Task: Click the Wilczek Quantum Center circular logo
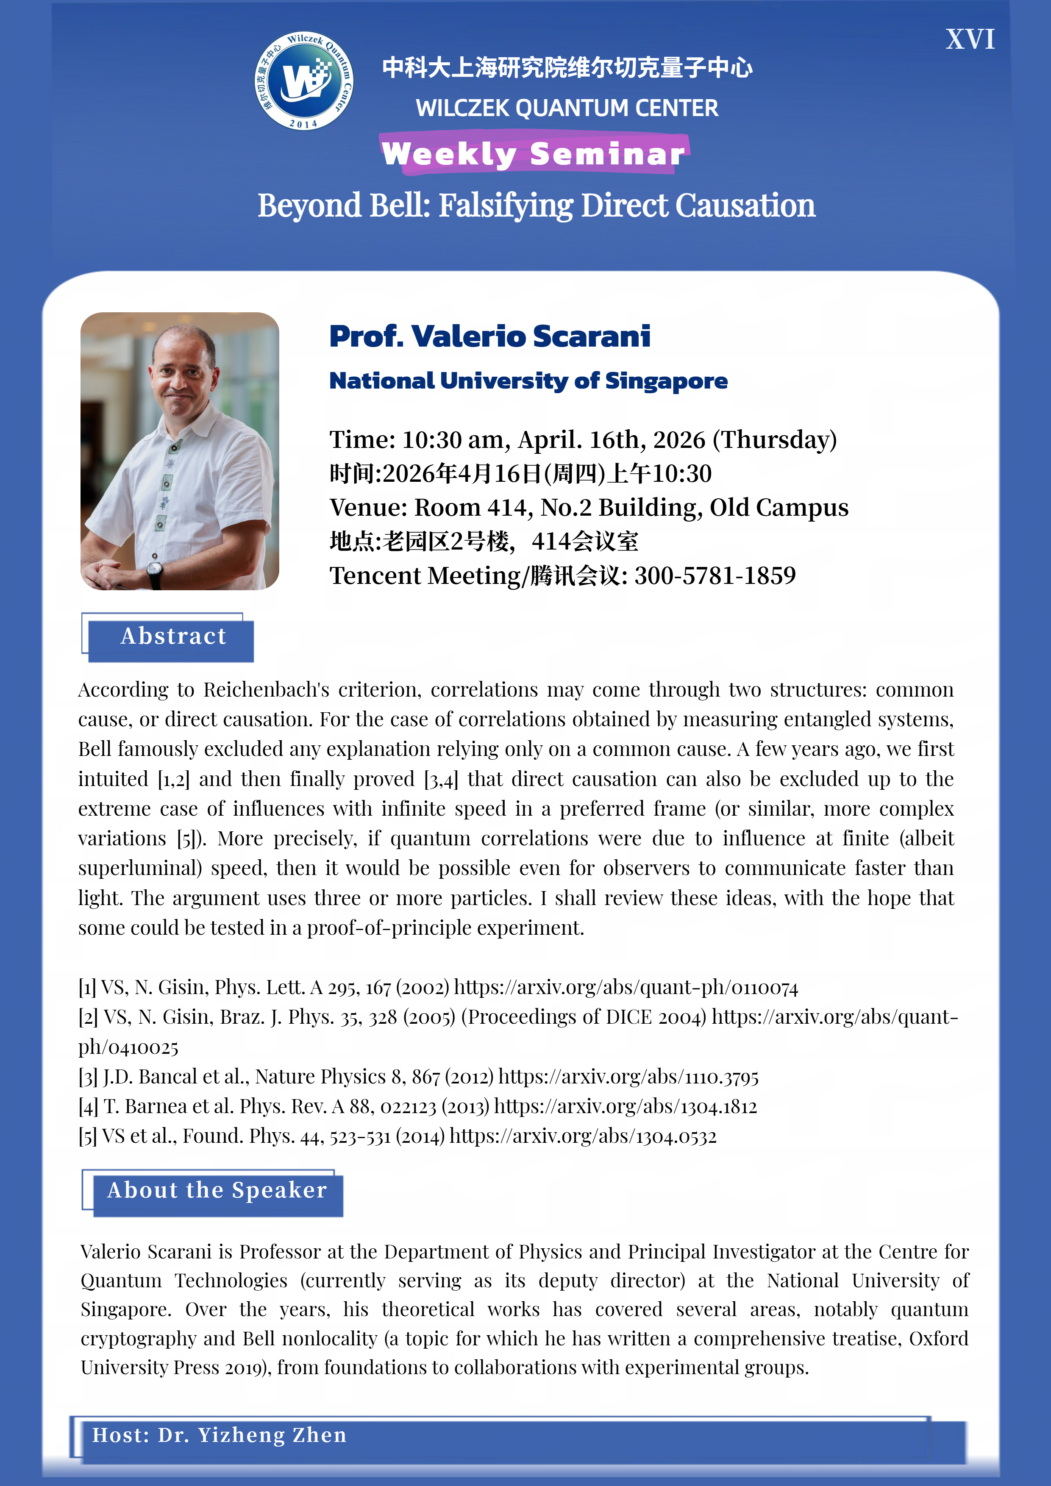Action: coord(303,81)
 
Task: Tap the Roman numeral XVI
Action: coord(970,39)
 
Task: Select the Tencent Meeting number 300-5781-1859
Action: coord(715,576)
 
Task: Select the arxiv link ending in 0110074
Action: coord(626,988)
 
